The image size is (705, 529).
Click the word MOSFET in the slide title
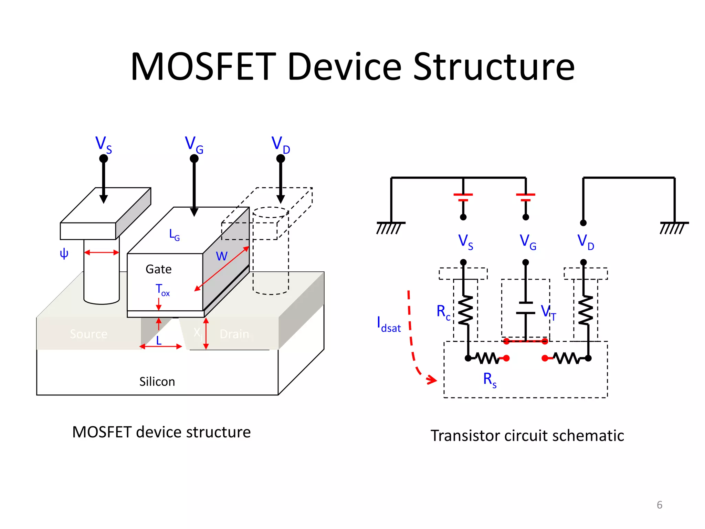[x=203, y=66]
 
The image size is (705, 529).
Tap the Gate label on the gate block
[x=158, y=269]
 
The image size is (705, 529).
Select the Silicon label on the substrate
[x=157, y=382]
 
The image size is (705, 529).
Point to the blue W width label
[x=221, y=256]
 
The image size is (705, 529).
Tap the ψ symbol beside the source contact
[x=64, y=254]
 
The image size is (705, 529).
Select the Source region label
[x=88, y=334]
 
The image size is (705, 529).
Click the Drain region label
[x=234, y=334]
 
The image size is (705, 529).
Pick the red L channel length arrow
[x=161, y=346]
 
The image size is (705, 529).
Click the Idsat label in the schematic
[x=389, y=325]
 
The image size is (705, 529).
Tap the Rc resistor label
[x=443, y=312]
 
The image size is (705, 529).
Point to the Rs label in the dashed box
[x=490, y=380]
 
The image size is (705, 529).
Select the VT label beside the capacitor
[x=548, y=312]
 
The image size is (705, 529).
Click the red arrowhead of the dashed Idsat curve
[x=432, y=380]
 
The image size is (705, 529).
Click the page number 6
[x=659, y=505]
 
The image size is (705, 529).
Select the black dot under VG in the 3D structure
[x=194, y=158]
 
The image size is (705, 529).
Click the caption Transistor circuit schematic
[x=527, y=436]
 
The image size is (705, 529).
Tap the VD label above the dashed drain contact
[x=281, y=144]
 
